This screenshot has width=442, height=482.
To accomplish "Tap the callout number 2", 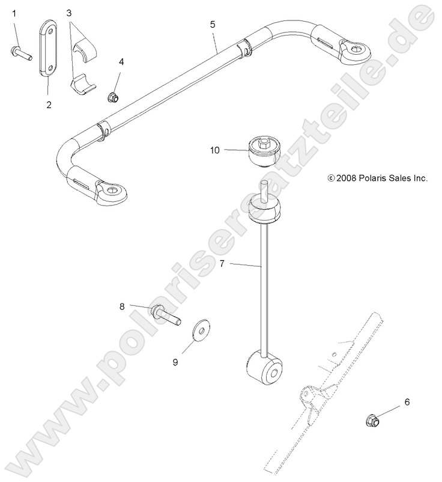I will pos(49,105).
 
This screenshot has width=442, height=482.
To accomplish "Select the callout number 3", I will pos(69,13).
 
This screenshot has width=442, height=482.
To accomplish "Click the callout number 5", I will pos(213,25).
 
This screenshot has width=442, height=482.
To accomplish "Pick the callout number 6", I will pos(408,403).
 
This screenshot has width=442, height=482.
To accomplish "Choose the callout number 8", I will pos(122,306).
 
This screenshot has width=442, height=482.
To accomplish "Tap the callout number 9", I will pos(175,362).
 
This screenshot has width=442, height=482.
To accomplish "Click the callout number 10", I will pos(215,151).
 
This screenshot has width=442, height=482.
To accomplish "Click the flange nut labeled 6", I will pos(372,421).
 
